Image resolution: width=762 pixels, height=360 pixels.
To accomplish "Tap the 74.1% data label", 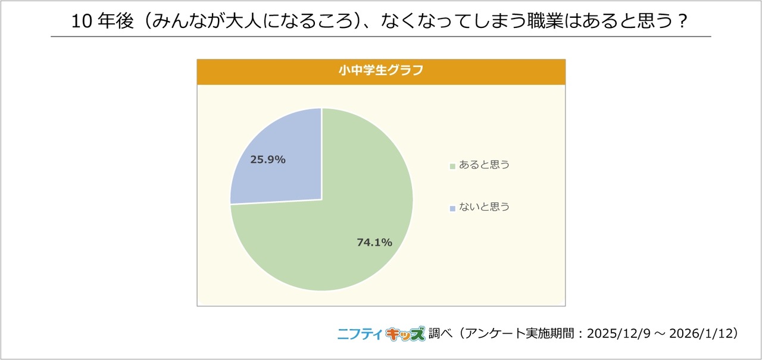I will pyautogui.click(x=374, y=242).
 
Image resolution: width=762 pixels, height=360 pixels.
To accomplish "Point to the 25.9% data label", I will pyautogui.click(x=268, y=159).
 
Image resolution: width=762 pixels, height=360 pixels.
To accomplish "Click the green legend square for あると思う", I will pyautogui.click(x=452, y=166).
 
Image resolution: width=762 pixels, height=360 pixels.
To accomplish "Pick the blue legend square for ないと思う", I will pyautogui.click(x=452, y=208).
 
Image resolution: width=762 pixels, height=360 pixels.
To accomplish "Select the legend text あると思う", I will pyautogui.click(x=484, y=165).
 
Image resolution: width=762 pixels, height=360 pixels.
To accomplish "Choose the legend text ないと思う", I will pyautogui.click(x=484, y=208).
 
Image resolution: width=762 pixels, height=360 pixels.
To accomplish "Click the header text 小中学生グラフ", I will pyautogui.click(x=381, y=71).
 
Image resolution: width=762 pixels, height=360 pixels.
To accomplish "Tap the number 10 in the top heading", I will pyautogui.click(x=81, y=22).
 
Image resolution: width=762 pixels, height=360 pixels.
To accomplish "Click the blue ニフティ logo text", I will pyautogui.click(x=360, y=333).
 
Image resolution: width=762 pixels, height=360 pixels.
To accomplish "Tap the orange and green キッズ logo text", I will pyautogui.click(x=405, y=333).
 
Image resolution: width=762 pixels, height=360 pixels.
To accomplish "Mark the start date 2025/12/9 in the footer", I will pyautogui.click(x=611, y=334).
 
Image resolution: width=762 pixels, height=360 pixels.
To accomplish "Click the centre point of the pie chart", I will pyautogui.click(x=321, y=199).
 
